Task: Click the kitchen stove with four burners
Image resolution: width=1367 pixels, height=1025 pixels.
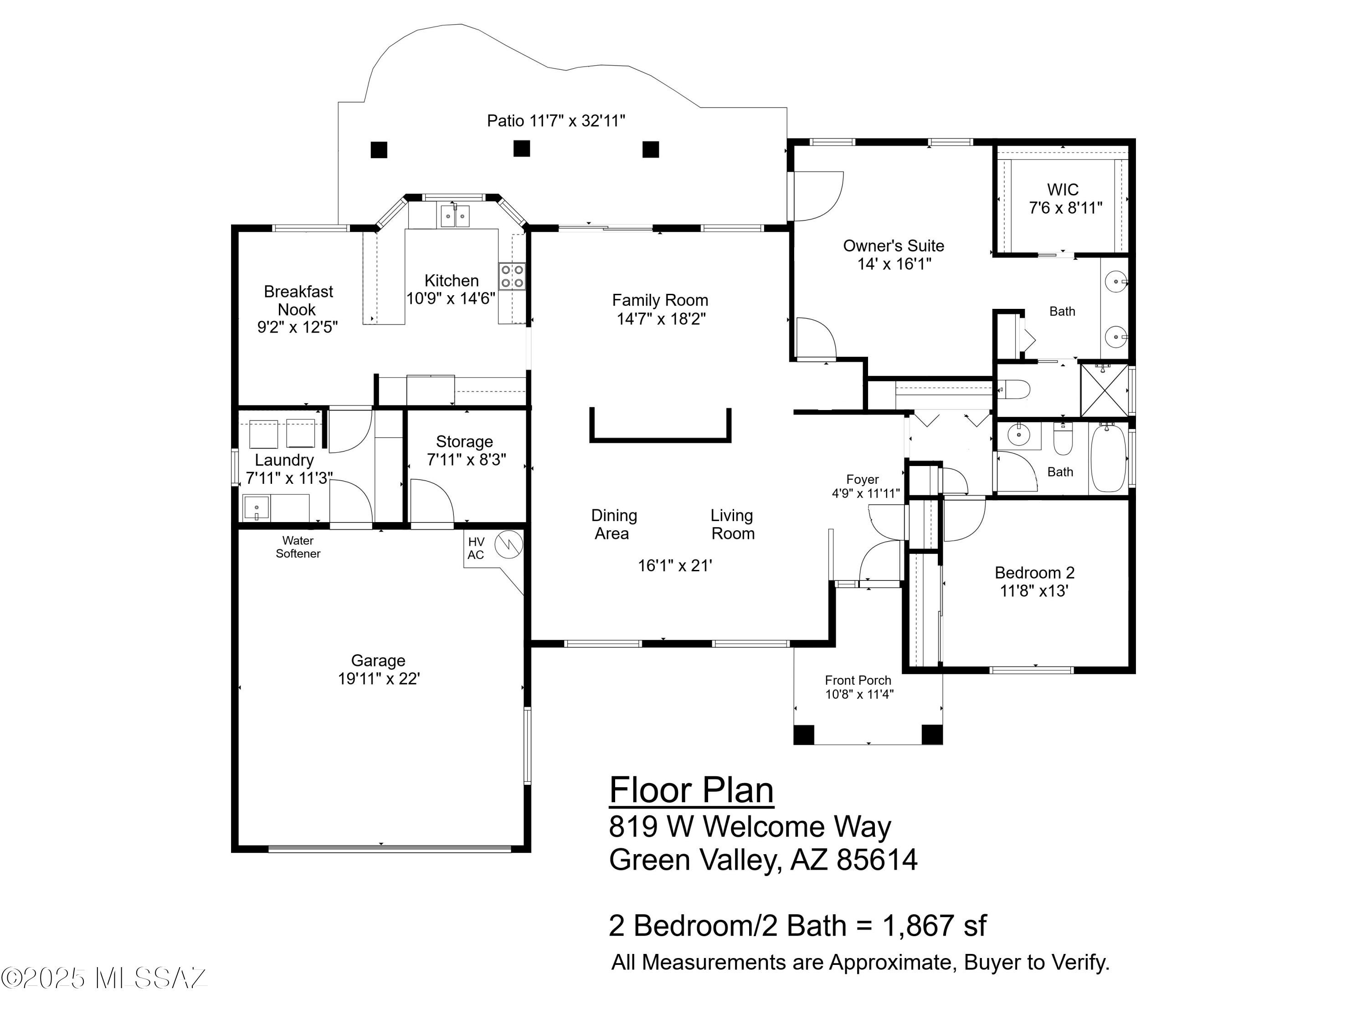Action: [512, 276]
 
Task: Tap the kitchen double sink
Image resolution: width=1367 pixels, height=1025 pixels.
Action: [454, 216]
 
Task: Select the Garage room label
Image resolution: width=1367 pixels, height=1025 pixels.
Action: [378, 661]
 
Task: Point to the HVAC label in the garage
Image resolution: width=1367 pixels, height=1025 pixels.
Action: [476, 548]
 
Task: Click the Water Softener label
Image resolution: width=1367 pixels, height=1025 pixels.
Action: [298, 547]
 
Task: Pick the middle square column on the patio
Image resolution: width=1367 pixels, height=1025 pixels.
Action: [522, 149]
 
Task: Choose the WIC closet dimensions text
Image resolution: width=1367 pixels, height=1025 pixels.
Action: [1065, 208]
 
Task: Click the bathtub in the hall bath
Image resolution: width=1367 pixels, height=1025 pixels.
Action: [1108, 458]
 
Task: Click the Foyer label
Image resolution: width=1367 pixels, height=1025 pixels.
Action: [862, 479]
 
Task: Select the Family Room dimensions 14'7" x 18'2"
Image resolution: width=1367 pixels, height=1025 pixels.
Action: [661, 319]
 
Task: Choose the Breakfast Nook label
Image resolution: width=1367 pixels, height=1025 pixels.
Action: [298, 300]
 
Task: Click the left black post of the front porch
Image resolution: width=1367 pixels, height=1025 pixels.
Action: [803, 734]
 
